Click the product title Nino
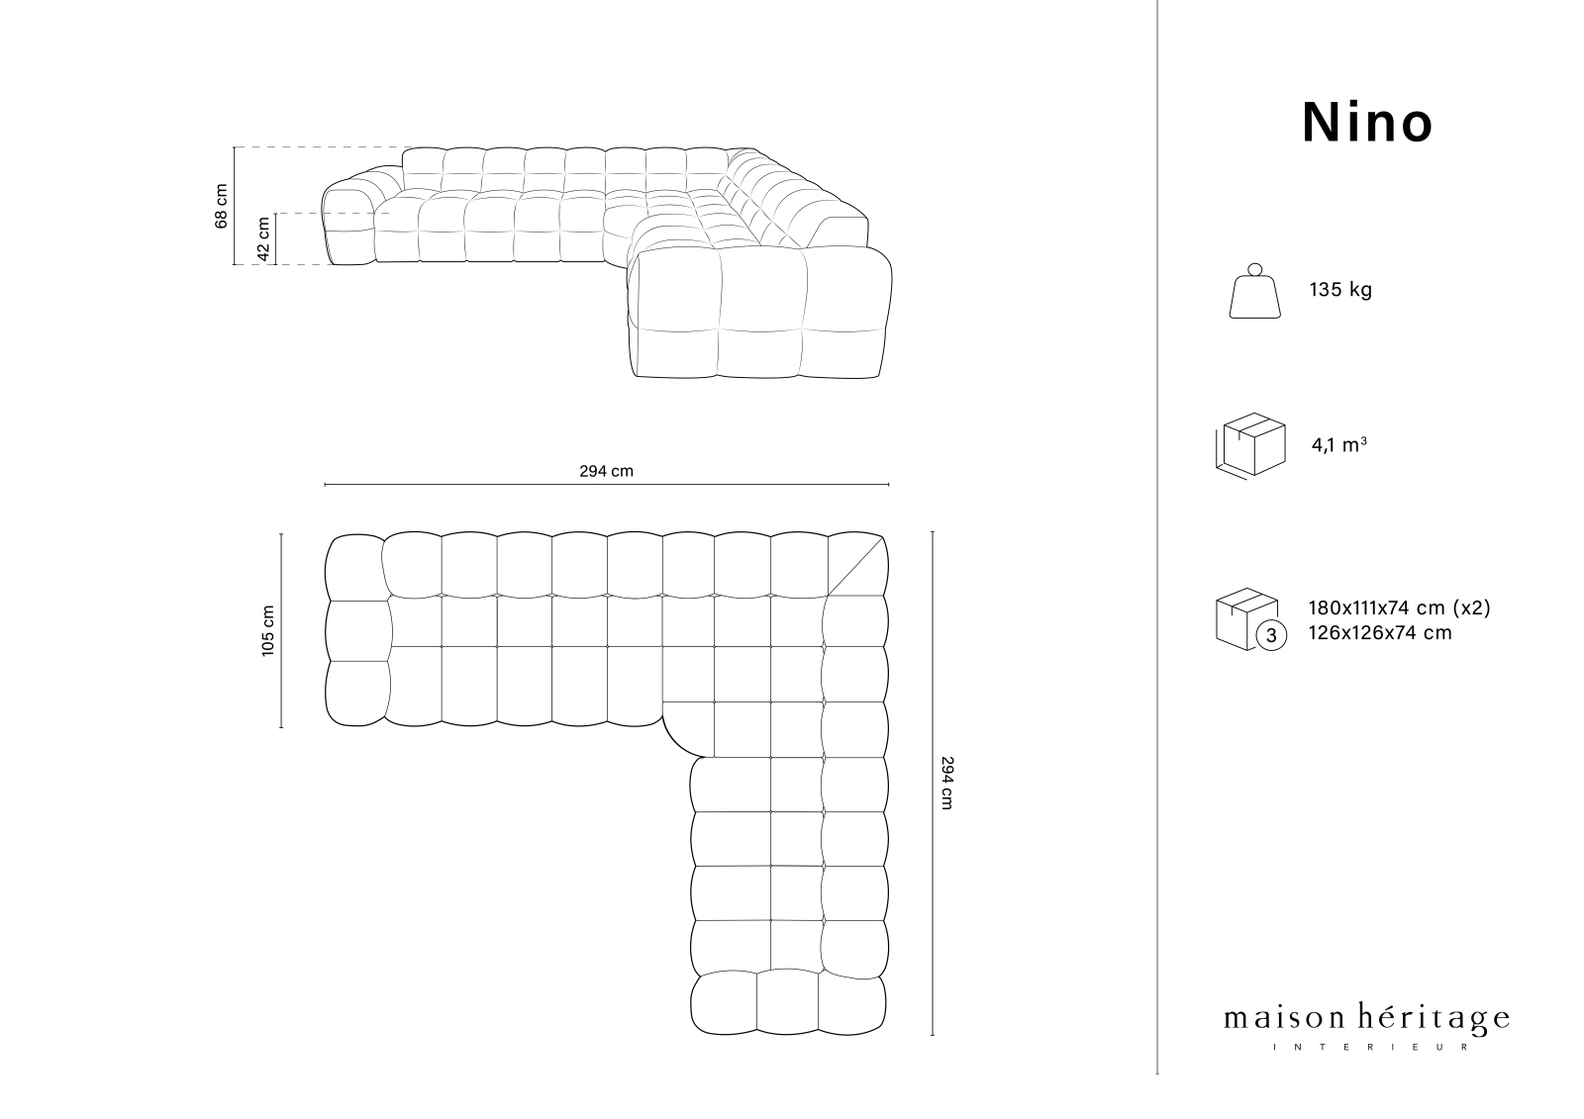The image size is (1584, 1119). pos(1367,123)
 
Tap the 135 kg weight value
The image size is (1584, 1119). pos(1340,290)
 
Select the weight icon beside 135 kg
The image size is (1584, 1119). pos(1255,291)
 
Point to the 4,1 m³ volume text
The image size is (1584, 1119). pos(1339,444)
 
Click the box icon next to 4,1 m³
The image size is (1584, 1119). pos(1250,446)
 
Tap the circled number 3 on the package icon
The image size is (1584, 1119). pos(1271,636)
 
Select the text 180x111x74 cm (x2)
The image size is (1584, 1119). pos(1400,607)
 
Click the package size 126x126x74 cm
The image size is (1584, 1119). pos(1380,632)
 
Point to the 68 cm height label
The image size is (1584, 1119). pos(222,206)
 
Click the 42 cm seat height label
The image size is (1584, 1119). pos(263,238)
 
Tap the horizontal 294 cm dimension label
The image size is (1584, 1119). pos(606,471)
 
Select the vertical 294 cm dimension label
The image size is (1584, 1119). pos(947,783)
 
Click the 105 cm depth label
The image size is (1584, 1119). pos(268,630)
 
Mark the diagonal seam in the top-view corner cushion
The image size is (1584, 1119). pos(855,566)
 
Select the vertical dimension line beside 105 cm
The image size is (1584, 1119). pos(281,630)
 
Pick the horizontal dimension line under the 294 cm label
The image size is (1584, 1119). pos(607,485)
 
